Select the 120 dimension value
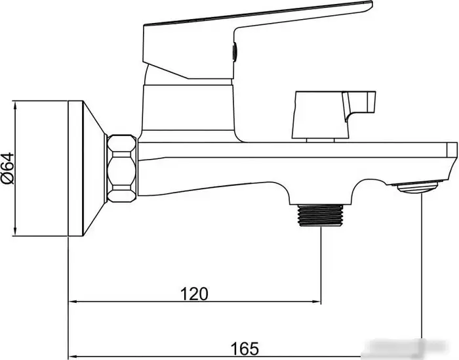pyautogui.click(x=195, y=293)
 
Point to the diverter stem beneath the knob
pyautogui.click(x=321, y=138)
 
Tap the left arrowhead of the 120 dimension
pyautogui.click(x=73, y=302)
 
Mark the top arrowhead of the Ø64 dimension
pyautogui.click(x=14, y=105)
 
